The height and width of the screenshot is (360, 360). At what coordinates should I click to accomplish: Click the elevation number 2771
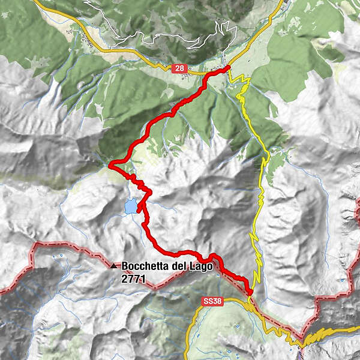[x=133, y=278]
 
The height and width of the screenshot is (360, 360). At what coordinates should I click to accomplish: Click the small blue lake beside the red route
[x=130, y=207]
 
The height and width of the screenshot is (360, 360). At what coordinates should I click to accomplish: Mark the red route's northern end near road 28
[x=229, y=68]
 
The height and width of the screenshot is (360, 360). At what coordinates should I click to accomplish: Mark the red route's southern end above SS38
[x=249, y=292]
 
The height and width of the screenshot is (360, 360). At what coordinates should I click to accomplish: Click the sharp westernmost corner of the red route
[x=110, y=163]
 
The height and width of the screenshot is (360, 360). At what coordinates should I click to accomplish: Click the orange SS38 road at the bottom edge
[x=188, y=354]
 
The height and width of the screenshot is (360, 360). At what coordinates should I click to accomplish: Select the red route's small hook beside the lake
[x=140, y=208]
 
